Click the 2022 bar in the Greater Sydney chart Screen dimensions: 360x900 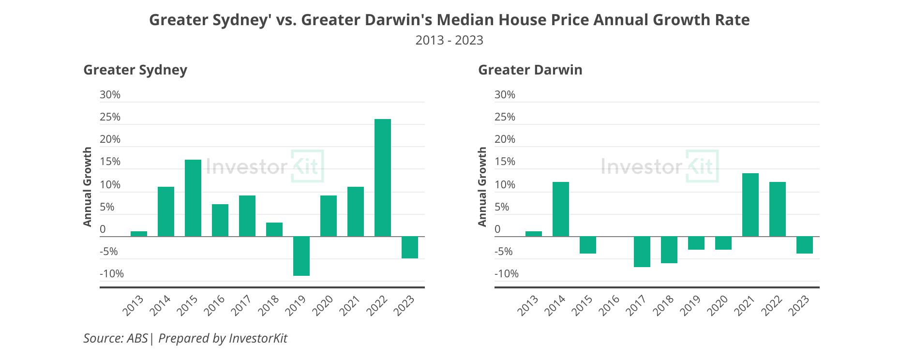(x=382, y=178)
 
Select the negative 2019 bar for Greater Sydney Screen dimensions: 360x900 (x=301, y=256)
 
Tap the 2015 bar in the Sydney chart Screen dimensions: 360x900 (x=193, y=198)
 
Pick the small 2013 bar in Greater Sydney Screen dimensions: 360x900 (x=138, y=234)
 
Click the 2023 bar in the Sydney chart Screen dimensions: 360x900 (x=409, y=247)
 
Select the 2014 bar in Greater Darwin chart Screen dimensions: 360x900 (x=560, y=209)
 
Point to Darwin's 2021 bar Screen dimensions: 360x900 (x=750, y=205)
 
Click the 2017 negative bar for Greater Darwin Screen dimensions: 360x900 (x=642, y=252)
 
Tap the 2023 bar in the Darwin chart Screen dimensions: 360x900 (x=804, y=245)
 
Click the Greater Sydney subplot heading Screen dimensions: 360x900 (x=135, y=70)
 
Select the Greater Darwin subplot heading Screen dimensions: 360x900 (x=530, y=70)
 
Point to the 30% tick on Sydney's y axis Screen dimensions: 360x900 (x=110, y=95)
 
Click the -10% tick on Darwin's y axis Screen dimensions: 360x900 (x=506, y=274)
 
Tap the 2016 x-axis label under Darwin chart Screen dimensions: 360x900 (x=611, y=306)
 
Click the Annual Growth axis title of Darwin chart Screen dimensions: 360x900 (x=482, y=187)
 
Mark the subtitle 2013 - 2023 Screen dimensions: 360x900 (x=449, y=40)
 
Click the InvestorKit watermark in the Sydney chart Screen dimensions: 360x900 (x=264, y=166)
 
